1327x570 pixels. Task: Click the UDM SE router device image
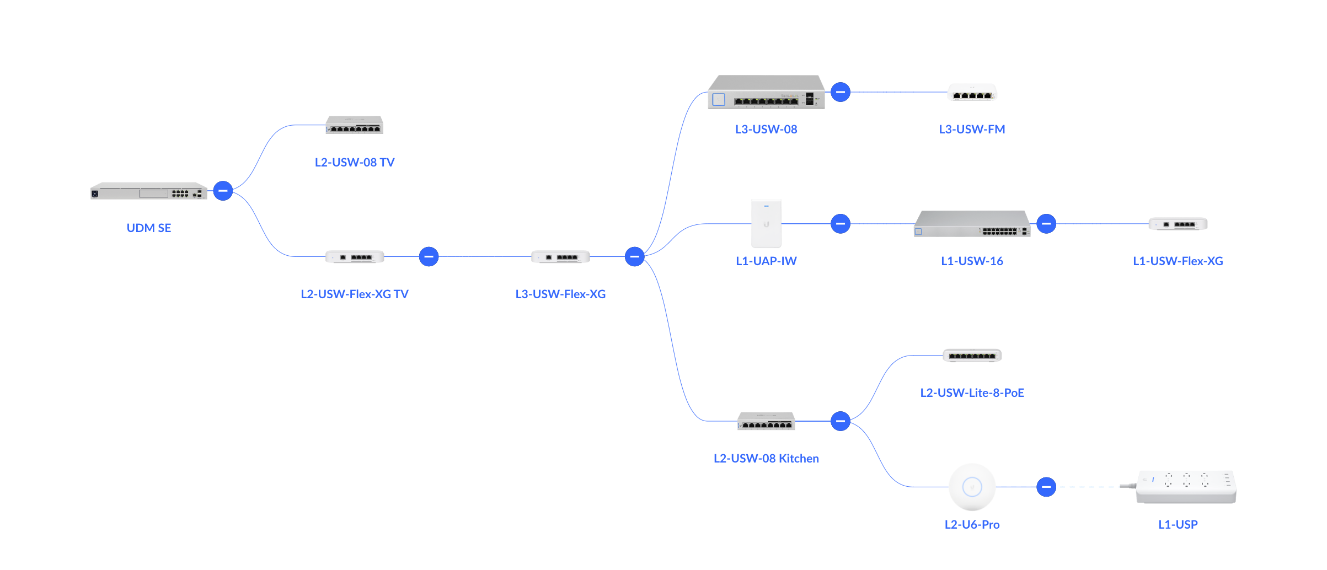pyautogui.click(x=148, y=191)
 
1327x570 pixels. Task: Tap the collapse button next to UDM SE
pyautogui.click(x=223, y=191)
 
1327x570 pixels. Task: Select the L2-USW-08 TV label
pyautogui.click(x=355, y=163)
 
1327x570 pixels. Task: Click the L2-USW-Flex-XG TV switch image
pyautogui.click(x=355, y=257)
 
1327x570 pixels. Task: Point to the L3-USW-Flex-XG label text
pyautogui.click(x=560, y=294)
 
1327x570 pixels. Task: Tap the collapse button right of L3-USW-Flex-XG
pyautogui.click(x=635, y=256)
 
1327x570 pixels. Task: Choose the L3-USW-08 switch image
pyautogui.click(x=766, y=93)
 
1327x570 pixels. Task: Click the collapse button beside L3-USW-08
pyautogui.click(x=841, y=92)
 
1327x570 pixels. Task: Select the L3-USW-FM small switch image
pyautogui.click(x=972, y=93)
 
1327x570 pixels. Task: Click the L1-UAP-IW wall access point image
pyautogui.click(x=766, y=224)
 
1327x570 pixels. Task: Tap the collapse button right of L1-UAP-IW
pyautogui.click(x=841, y=224)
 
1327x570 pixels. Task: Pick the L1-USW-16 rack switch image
pyautogui.click(x=972, y=224)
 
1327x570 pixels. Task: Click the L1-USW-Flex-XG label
pyautogui.click(x=1178, y=261)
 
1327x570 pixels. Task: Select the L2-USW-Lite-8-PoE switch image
pyautogui.click(x=972, y=356)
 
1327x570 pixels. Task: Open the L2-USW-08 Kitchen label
pyautogui.click(x=766, y=459)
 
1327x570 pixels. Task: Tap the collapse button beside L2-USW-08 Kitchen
pyautogui.click(x=841, y=421)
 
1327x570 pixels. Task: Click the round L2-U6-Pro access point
pyautogui.click(x=972, y=487)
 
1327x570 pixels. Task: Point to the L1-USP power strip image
pyautogui.click(x=1186, y=487)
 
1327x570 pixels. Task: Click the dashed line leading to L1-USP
pyautogui.click(x=1089, y=487)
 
